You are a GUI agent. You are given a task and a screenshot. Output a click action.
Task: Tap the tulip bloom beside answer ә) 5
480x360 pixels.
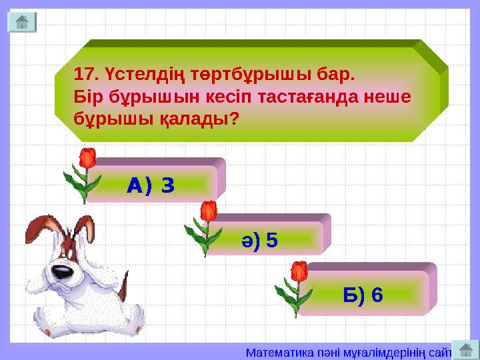click(209, 212)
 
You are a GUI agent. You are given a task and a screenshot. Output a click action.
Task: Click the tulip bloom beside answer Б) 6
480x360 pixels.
click(299, 271)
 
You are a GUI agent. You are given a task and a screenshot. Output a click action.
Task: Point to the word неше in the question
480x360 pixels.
click(389, 96)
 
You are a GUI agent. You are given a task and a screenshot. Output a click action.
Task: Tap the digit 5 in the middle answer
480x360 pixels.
click(271, 239)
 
